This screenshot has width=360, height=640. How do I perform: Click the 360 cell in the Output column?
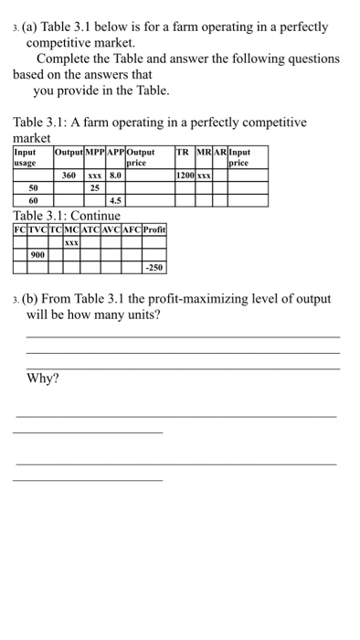coord(69,174)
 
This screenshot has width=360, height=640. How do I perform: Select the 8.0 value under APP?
coord(115,174)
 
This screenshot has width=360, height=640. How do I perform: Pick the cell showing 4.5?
coord(115,199)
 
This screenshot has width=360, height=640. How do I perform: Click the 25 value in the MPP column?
coord(94,187)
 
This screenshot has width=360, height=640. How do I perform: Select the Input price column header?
coord(239,157)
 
